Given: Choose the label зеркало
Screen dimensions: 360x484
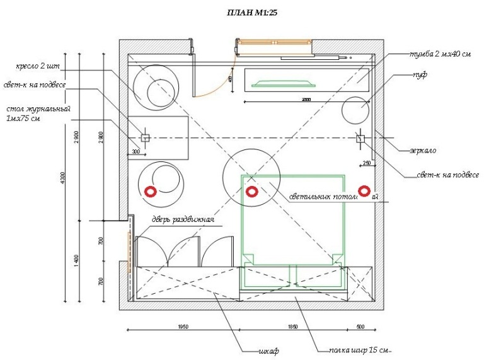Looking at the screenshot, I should pyautogui.click(x=422, y=151).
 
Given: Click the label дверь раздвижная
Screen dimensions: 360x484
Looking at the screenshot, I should pyautogui.click(x=183, y=220).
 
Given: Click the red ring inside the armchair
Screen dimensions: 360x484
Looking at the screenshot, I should pyautogui.click(x=151, y=191).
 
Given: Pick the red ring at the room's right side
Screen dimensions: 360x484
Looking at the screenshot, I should pyautogui.click(x=364, y=191).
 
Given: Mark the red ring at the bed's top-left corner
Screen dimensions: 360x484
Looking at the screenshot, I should pyautogui.click(x=251, y=192).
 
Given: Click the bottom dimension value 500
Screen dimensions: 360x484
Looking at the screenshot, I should pyautogui.click(x=360, y=327).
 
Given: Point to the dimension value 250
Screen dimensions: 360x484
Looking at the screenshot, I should pyautogui.click(x=367, y=164).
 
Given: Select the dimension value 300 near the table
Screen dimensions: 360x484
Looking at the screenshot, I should pyautogui.click(x=135, y=152).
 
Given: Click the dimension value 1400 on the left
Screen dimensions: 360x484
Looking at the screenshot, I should pyautogui.click(x=76, y=260).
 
